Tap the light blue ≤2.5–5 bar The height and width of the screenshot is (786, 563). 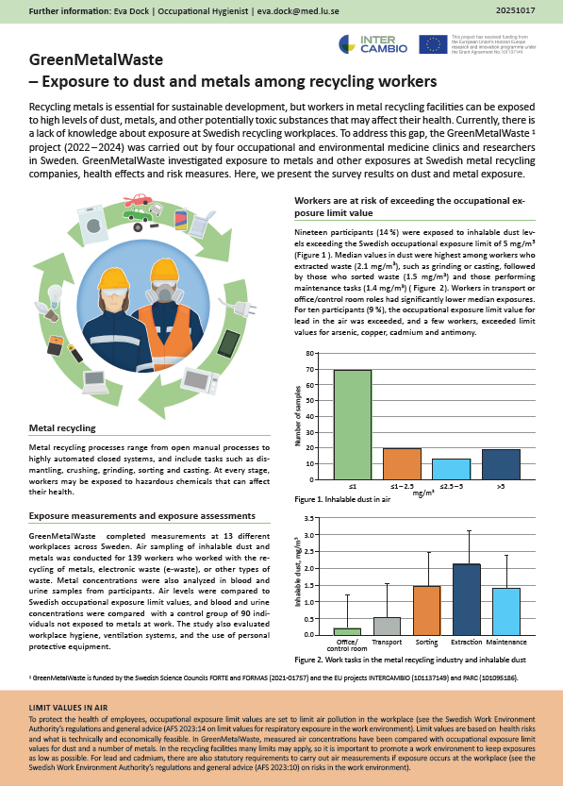point(450,469)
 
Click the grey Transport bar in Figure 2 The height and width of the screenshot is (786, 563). point(387,626)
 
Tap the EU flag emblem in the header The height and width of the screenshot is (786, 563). point(434,43)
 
